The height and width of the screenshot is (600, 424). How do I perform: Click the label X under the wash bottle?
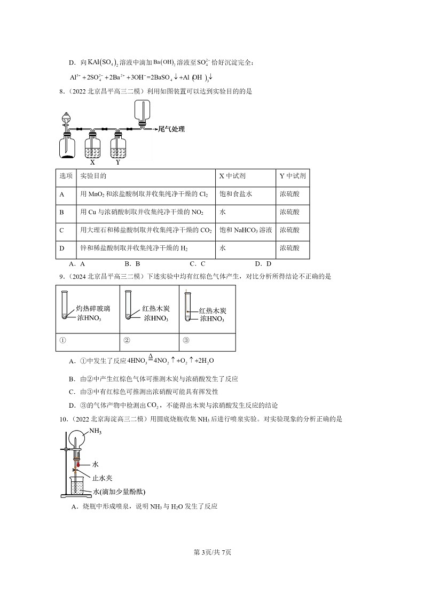(x=92, y=162)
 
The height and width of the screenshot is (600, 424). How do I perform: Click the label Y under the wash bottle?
(x=118, y=162)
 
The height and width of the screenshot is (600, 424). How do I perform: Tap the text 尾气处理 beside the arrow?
(x=171, y=129)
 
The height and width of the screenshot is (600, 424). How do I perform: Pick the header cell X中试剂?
(x=232, y=176)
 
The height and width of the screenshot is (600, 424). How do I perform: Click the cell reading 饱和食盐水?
(x=235, y=193)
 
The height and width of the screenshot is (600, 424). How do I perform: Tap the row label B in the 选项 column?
(x=62, y=212)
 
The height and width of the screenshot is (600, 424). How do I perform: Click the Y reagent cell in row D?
(x=289, y=248)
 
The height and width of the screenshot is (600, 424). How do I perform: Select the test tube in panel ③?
(x=187, y=306)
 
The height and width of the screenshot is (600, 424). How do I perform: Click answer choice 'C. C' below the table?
(x=197, y=263)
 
